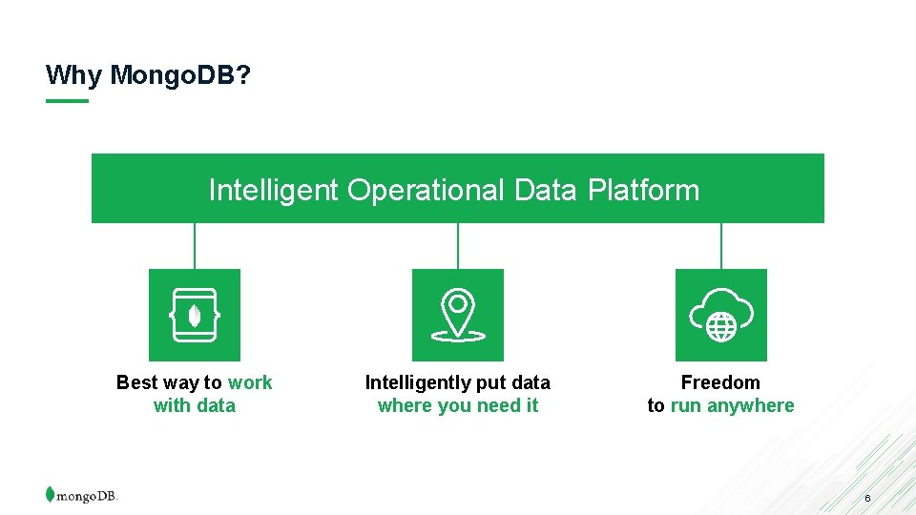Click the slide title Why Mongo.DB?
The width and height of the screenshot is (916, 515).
[149, 74]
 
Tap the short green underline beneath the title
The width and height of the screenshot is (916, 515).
[67, 101]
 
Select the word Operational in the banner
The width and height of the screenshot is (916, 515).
[426, 190]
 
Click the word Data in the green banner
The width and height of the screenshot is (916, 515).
[545, 190]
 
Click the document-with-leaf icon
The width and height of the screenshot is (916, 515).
[195, 315]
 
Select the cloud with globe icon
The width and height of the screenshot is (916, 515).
[720, 315]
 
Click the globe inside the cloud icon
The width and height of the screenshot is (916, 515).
[721, 327]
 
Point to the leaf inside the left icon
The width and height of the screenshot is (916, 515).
[195, 315]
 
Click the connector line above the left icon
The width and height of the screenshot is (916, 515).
[195, 246]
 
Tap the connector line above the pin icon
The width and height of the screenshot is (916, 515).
[458, 246]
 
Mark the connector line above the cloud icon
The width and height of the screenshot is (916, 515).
[721, 246]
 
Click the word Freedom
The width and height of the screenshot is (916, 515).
[720, 382]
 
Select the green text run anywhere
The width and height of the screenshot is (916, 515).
[732, 405]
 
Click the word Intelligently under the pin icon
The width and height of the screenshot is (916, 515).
[417, 382]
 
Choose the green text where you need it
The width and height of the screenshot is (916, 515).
[458, 405]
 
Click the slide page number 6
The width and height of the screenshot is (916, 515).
[867, 499]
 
